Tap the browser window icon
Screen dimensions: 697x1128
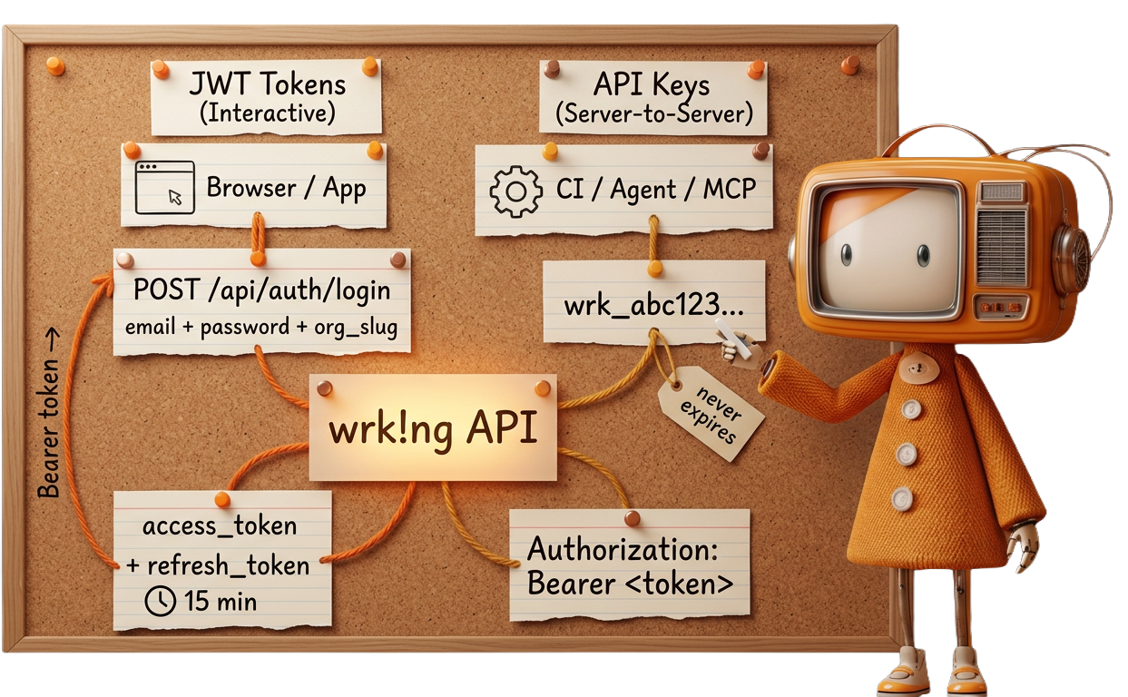pyautogui.click(x=164, y=187)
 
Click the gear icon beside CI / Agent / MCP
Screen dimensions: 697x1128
pyautogui.click(x=515, y=191)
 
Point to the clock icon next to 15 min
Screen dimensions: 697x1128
pyautogui.click(x=161, y=601)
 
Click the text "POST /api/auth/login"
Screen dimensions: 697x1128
pyautogui.click(x=261, y=290)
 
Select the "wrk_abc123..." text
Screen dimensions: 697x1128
pyautogui.click(x=653, y=305)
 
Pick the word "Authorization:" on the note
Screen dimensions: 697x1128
pyautogui.click(x=623, y=549)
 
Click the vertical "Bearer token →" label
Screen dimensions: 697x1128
pyautogui.click(x=49, y=427)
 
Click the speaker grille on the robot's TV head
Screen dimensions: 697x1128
pyautogui.click(x=1002, y=247)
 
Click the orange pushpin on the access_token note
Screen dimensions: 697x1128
pyautogui.click(x=221, y=499)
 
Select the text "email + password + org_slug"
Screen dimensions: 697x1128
pyautogui.click(x=262, y=327)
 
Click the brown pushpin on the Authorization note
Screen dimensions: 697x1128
pyautogui.click(x=632, y=518)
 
